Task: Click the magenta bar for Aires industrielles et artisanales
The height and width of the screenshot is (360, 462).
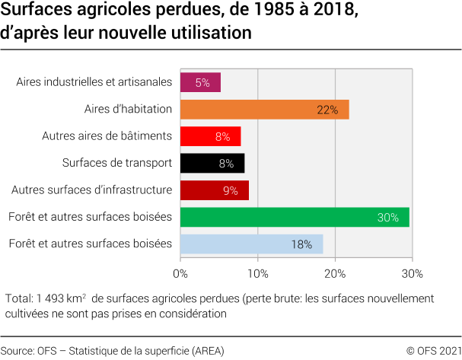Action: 200,82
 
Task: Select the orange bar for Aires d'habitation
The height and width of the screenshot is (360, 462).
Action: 264,110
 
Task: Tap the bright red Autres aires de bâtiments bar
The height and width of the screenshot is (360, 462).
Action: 210,136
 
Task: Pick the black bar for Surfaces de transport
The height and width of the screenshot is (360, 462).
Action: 212,163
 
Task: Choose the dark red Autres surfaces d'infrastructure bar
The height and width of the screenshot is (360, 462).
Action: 214,190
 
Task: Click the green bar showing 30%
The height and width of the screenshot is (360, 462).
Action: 295,217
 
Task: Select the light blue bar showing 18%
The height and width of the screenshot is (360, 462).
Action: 251,244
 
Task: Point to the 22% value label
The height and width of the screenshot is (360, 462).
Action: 327,110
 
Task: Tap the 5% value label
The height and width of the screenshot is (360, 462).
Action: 202,82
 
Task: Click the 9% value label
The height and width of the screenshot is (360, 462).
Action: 231,190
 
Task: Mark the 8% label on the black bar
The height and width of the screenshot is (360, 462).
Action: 226,163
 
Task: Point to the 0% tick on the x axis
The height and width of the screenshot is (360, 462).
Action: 180,272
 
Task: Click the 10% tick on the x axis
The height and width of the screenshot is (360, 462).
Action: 258,272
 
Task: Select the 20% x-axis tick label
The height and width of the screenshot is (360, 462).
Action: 335,272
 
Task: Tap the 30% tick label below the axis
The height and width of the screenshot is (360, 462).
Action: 412,272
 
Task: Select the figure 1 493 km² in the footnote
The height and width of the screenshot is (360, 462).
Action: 60,298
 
